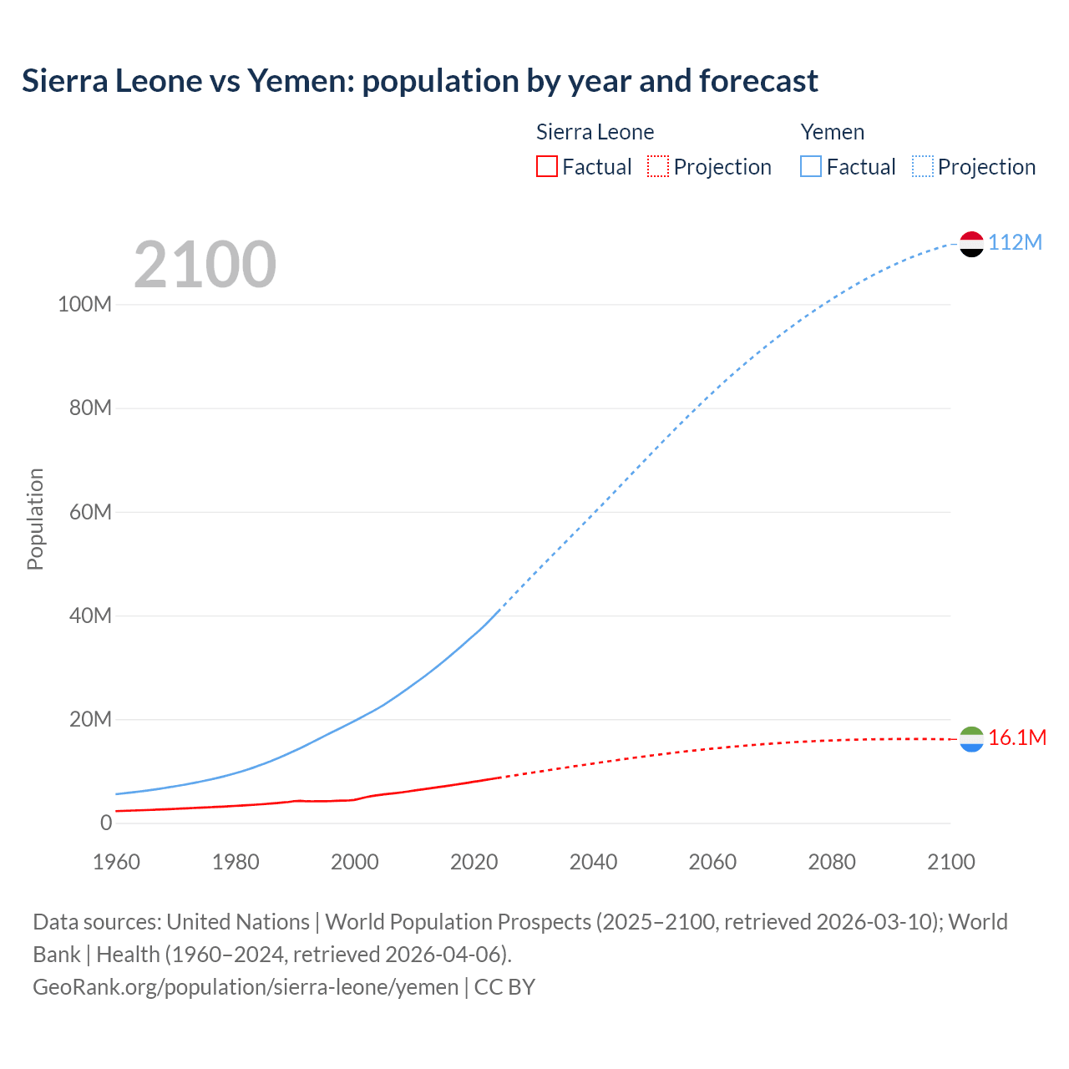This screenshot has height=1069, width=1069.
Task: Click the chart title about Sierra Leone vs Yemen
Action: coord(419,81)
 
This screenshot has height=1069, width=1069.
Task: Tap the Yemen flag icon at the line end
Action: coord(971,244)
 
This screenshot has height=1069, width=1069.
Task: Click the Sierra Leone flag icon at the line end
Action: coord(971,739)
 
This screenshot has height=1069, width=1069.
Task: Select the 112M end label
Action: coord(1015,242)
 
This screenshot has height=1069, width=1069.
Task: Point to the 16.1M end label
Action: coord(1016,737)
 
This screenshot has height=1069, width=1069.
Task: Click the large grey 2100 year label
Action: coord(205,265)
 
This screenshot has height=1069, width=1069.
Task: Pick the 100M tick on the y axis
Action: coord(84,304)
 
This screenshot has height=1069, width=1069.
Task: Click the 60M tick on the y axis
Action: coord(89,512)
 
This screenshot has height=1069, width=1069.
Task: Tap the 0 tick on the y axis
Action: coord(105,823)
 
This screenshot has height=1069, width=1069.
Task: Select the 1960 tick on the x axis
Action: coord(116,862)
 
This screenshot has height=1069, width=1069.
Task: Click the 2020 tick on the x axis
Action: coord(474,862)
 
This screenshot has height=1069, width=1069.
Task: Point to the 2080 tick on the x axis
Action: coord(831,862)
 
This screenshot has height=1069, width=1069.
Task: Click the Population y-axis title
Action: coord(35,519)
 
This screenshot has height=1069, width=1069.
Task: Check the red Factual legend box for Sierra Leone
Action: coord(546,167)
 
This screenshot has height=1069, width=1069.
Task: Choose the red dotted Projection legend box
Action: coord(658,167)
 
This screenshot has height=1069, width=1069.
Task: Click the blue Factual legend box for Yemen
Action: coord(810,167)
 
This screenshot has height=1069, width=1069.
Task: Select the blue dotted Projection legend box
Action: coord(923,167)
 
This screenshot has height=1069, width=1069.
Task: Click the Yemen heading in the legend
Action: coord(832,132)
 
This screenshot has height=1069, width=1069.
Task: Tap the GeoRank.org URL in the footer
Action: coord(245,987)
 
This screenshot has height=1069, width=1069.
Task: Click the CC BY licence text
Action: coord(504,987)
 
